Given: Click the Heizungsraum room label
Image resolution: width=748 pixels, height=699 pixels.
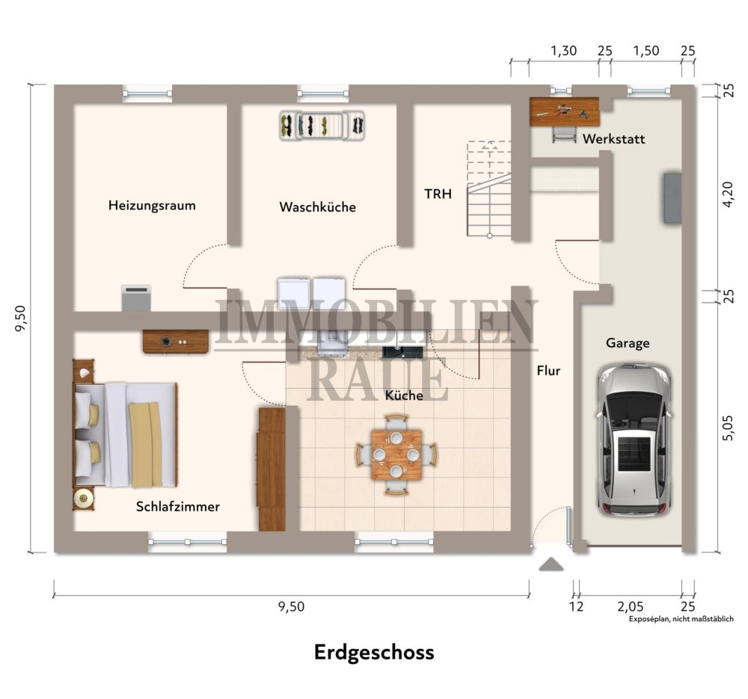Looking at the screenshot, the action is click(x=152, y=206).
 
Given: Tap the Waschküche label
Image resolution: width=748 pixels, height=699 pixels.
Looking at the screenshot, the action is click(x=317, y=207).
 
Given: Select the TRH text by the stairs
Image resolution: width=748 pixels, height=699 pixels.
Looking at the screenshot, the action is click(x=438, y=194).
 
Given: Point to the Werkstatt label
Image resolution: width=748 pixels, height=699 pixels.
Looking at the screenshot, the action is click(x=613, y=139).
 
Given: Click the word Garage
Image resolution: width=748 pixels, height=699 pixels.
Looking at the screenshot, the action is click(x=628, y=343).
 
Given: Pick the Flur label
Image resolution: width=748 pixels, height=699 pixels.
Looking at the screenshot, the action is click(x=548, y=371).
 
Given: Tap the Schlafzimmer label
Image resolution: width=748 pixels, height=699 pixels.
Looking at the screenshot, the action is click(x=177, y=506).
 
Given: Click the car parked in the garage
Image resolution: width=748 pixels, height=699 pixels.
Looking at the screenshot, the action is click(x=634, y=440).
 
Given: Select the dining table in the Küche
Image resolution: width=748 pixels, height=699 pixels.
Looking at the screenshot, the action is click(x=396, y=455).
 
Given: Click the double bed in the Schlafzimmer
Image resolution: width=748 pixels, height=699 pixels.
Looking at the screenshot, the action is click(x=125, y=434).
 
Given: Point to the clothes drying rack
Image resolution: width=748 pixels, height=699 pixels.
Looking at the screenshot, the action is click(x=322, y=126).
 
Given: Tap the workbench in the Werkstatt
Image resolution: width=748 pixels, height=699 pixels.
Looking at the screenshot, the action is click(x=564, y=112).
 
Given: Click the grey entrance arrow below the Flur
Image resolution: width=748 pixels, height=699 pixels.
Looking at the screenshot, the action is click(x=551, y=564).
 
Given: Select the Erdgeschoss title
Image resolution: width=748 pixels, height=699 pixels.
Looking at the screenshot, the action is click(x=374, y=652).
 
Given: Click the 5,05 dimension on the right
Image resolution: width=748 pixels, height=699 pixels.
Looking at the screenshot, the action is click(x=728, y=427).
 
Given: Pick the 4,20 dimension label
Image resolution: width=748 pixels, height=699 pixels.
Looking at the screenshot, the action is click(x=728, y=194).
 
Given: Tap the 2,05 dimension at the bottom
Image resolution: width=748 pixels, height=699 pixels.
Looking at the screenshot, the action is click(x=630, y=606).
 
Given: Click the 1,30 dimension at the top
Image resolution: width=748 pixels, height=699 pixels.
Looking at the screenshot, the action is click(x=564, y=51).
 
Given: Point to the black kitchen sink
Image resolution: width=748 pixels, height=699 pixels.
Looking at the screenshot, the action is click(x=402, y=352).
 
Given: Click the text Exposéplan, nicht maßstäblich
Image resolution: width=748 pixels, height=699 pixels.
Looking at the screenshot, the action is click(x=681, y=619).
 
